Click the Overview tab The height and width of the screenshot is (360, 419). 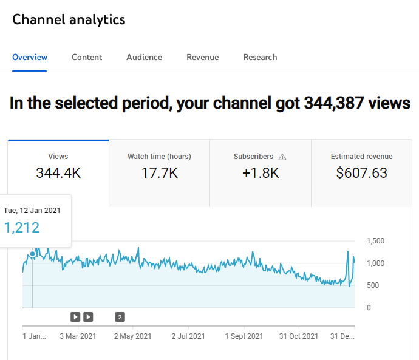click(30, 57)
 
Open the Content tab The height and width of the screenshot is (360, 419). click(87, 57)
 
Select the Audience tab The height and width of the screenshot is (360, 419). click(144, 57)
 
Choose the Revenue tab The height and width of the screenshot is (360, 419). click(202, 57)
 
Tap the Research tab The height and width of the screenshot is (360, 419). click(260, 57)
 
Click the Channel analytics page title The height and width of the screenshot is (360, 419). click(69, 19)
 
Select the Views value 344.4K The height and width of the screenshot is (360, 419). click(58, 173)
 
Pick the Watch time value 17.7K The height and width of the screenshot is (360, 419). click(159, 173)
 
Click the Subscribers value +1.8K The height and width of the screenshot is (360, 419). click(260, 173)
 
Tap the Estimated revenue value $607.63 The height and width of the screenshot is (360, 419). click(361, 173)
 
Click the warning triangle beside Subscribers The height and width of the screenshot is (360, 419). click(282, 157)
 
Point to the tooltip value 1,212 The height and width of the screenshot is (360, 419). click(22, 228)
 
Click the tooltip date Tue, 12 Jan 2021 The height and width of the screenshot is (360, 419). click(32, 211)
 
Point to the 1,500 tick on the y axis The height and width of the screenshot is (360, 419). click(376, 241)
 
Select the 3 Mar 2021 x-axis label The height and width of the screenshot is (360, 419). click(78, 336)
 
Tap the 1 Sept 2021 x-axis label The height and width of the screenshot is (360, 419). click(244, 336)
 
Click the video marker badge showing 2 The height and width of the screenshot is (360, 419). click(120, 317)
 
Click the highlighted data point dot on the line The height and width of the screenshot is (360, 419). click(32, 254)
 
